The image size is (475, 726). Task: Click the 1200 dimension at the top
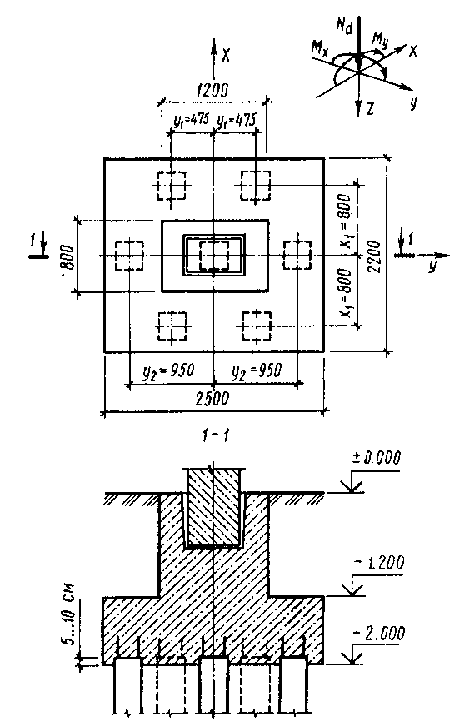coord(212,90)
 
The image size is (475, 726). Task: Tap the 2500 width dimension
coord(212,398)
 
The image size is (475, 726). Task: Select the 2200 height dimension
coord(373,256)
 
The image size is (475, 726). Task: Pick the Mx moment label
coord(320,47)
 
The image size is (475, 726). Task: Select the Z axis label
coord(370,110)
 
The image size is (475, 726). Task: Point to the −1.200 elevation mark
coord(379,563)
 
